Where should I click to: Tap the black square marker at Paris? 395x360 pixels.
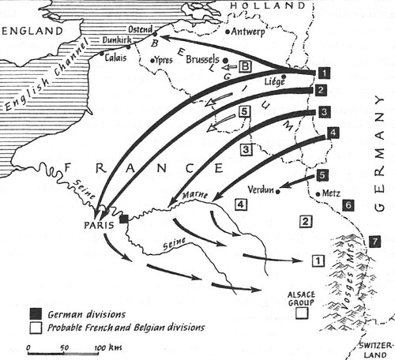click(x=124, y=219)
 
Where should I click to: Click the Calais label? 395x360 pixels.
click(x=115, y=56)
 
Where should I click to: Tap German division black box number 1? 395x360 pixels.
click(x=323, y=72)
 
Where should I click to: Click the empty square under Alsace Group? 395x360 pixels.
click(x=301, y=313)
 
